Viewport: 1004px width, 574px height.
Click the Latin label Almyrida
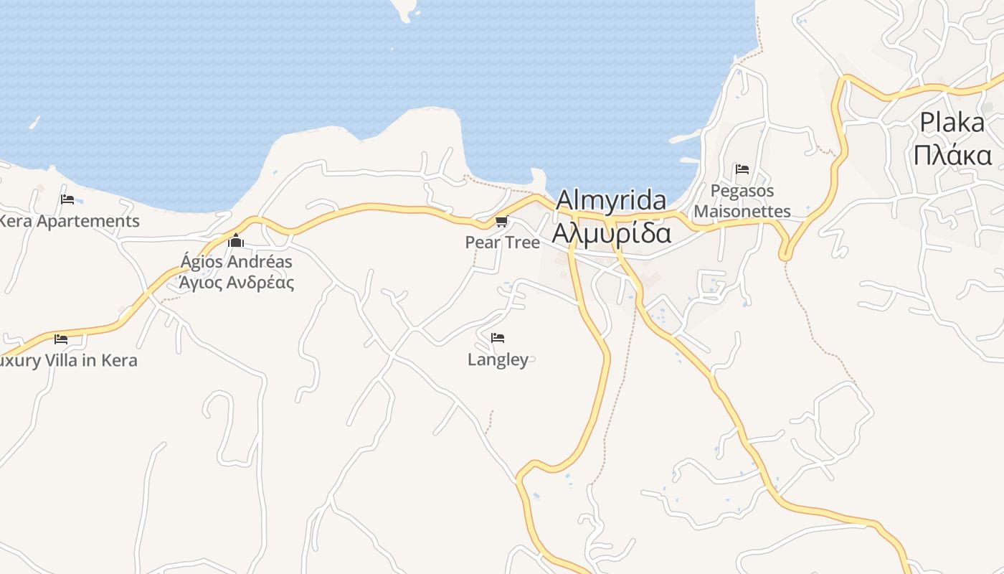(610, 200)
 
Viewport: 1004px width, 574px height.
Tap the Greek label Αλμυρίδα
(611, 233)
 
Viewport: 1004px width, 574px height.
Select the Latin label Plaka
(952, 123)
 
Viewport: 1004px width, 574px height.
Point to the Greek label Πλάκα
(952, 155)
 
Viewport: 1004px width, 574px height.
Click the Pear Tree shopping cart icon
(501, 222)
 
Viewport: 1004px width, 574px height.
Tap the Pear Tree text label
(502, 243)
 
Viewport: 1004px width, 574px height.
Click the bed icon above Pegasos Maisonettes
(742, 170)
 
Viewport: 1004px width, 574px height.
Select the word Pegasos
(742, 191)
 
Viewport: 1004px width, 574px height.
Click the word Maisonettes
(742, 211)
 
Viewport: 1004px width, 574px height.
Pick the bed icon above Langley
(498, 338)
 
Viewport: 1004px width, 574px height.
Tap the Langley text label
(498, 359)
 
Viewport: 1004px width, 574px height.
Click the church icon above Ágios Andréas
(236, 241)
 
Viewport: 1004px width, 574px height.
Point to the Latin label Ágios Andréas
(236, 261)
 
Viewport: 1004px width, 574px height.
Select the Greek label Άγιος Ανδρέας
(236, 282)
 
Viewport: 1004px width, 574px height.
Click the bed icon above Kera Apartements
(67, 199)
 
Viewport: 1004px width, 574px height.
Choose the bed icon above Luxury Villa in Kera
(61, 339)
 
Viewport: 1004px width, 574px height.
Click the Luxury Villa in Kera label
(69, 360)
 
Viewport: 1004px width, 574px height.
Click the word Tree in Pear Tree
(521, 243)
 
